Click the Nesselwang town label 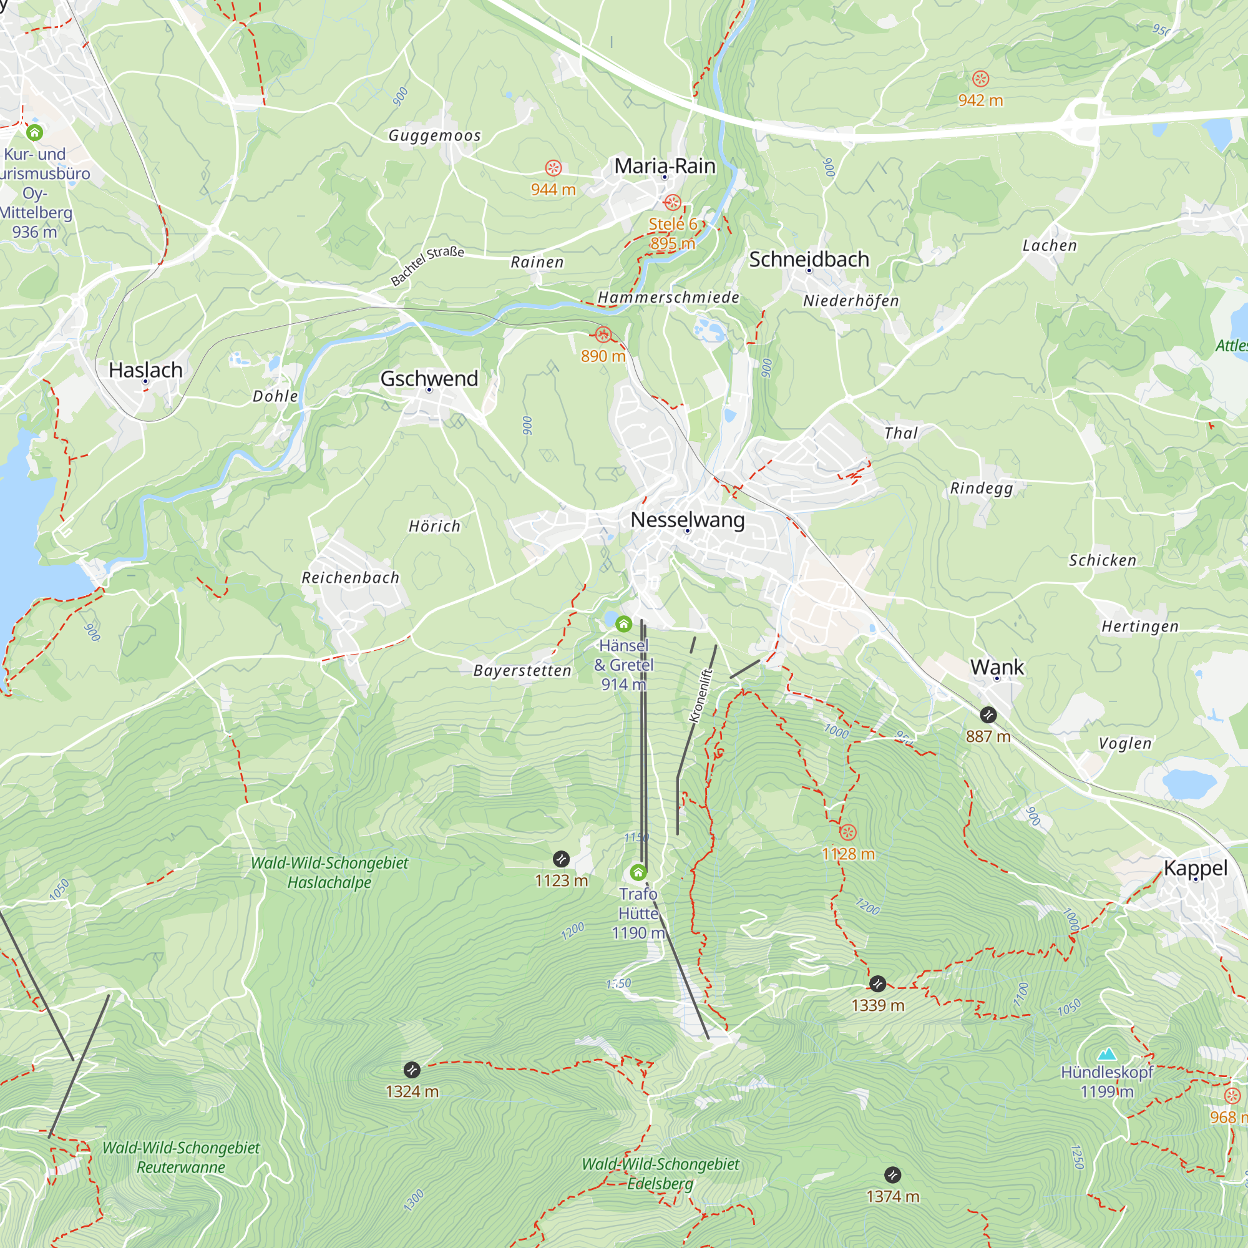pyautogui.click(x=687, y=519)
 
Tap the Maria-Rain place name pyautogui.click(x=665, y=166)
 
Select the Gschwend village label pyautogui.click(x=429, y=379)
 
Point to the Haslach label pyautogui.click(x=145, y=370)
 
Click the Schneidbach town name pyautogui.click(x=809, y=259)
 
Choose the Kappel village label pyautogui.click(x=1195, y=867)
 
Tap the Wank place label pyautogui.click(x=997, y=666)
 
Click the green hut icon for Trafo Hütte pyautogui.click(x=638, y=873)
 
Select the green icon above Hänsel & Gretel pyautogui.click(x=623, y=623)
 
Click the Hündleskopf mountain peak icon pyautogui.click(x=1107, y=1054)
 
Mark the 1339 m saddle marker pyautogui.click(x=877, y=984)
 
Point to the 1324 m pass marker pyautogui.click(x=411, y=1070)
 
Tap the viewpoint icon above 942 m pyautogui.click(x=980, y=79)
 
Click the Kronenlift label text pyautogui.click(x=701, y=695)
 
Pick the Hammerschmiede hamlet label pyautogui.click(x=668, y=297)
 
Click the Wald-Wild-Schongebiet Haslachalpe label pyautogui.click(x=329, y=872)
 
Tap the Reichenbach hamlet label pyautogui.click(x=351, y=577)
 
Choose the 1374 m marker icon pyautogui.click(x=892, y=1174)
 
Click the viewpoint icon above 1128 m pyautogui.click(x=847, y=832)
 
